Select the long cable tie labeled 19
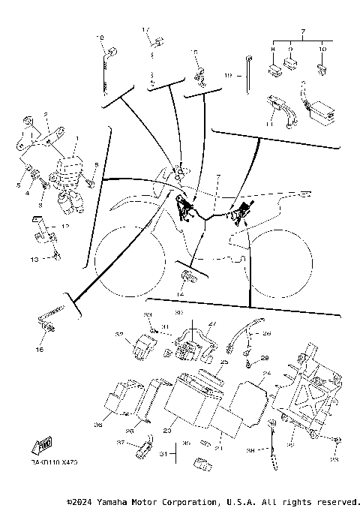pos(247,75)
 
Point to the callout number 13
pos(33,258)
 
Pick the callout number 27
pos(211,324)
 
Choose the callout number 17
pos(146,29)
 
